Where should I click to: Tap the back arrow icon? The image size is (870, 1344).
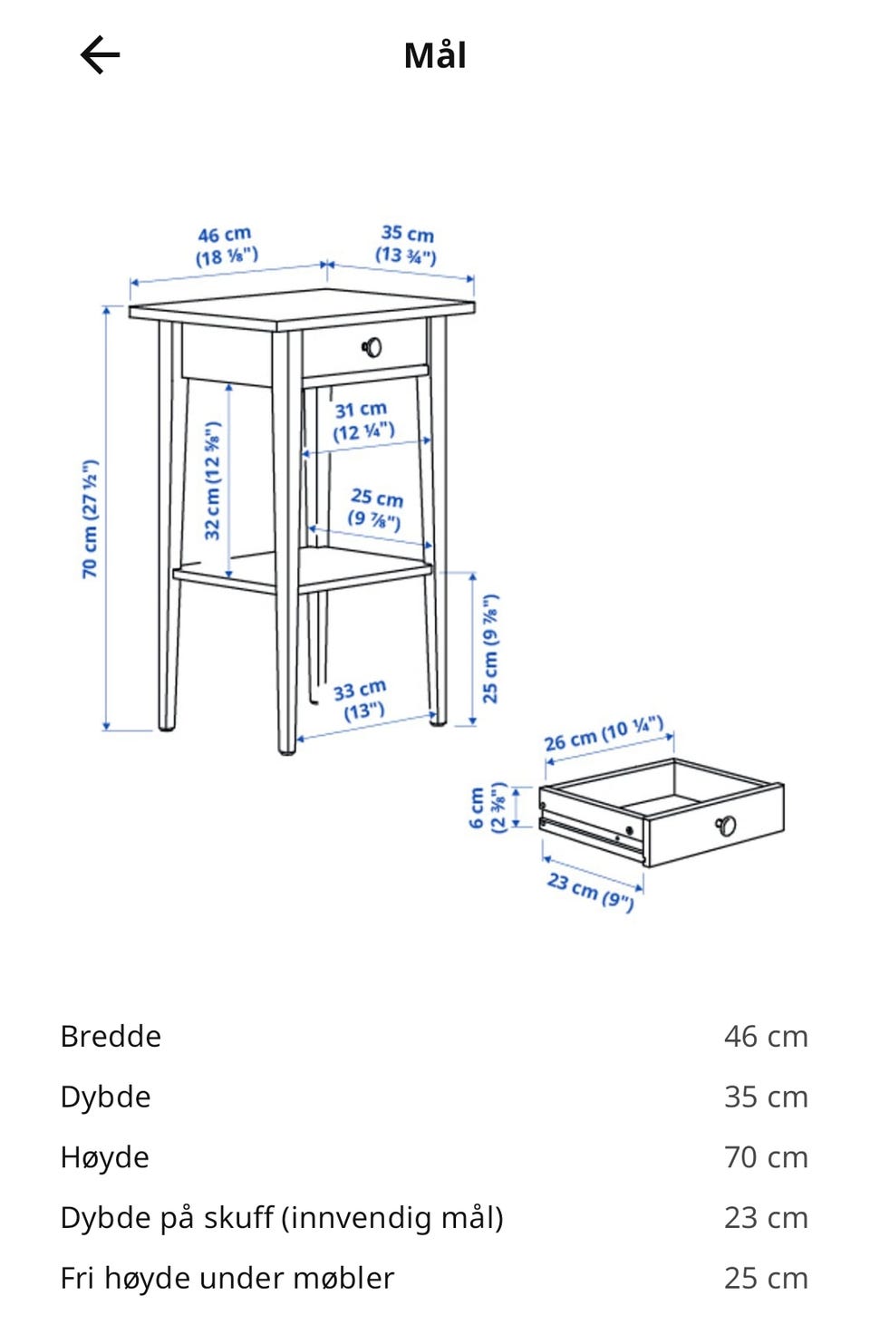tap(100, 55)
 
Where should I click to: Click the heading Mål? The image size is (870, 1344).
tap(435, 55)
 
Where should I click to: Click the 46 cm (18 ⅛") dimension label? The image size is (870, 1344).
tap(226, 246)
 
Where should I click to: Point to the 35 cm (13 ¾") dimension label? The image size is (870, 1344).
tap(407, 244)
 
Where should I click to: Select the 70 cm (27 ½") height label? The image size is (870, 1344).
tap(90, 518)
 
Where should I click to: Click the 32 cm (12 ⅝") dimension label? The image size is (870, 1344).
tap(212, 479)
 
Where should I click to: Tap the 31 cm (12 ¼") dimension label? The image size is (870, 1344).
tap(362, 421)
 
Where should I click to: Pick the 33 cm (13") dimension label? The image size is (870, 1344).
tap(361, 700)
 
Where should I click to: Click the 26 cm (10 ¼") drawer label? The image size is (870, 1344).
tap(604, 733)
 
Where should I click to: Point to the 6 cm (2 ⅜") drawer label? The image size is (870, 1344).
tap(486, 807)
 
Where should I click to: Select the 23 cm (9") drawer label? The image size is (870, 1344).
tap(590, 890)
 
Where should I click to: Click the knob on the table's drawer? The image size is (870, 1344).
tap(372, 346)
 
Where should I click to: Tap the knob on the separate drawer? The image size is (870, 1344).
tap(726, 825)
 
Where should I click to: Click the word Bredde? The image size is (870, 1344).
tap(111, 1036)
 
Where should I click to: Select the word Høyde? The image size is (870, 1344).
tap(104, 1157)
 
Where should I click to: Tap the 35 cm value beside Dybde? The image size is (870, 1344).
tap(765, 1097)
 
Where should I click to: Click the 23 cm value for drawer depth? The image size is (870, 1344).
tap(765, 1217)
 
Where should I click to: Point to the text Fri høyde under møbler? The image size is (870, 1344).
tap(227, 1278)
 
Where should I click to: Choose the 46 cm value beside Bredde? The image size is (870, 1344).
tap(765, 1036)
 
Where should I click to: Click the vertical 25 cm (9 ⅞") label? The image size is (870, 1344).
tap(490, 648)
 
